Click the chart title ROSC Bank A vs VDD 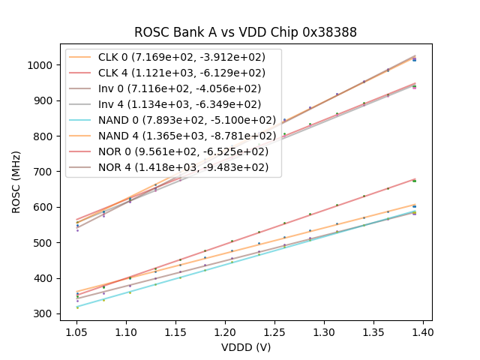coord(245,32)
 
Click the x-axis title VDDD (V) coord(245,347)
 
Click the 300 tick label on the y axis coord(44,313)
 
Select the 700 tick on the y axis coord(44,172)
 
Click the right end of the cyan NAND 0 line coord(414,212)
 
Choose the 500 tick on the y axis coord(44,243)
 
